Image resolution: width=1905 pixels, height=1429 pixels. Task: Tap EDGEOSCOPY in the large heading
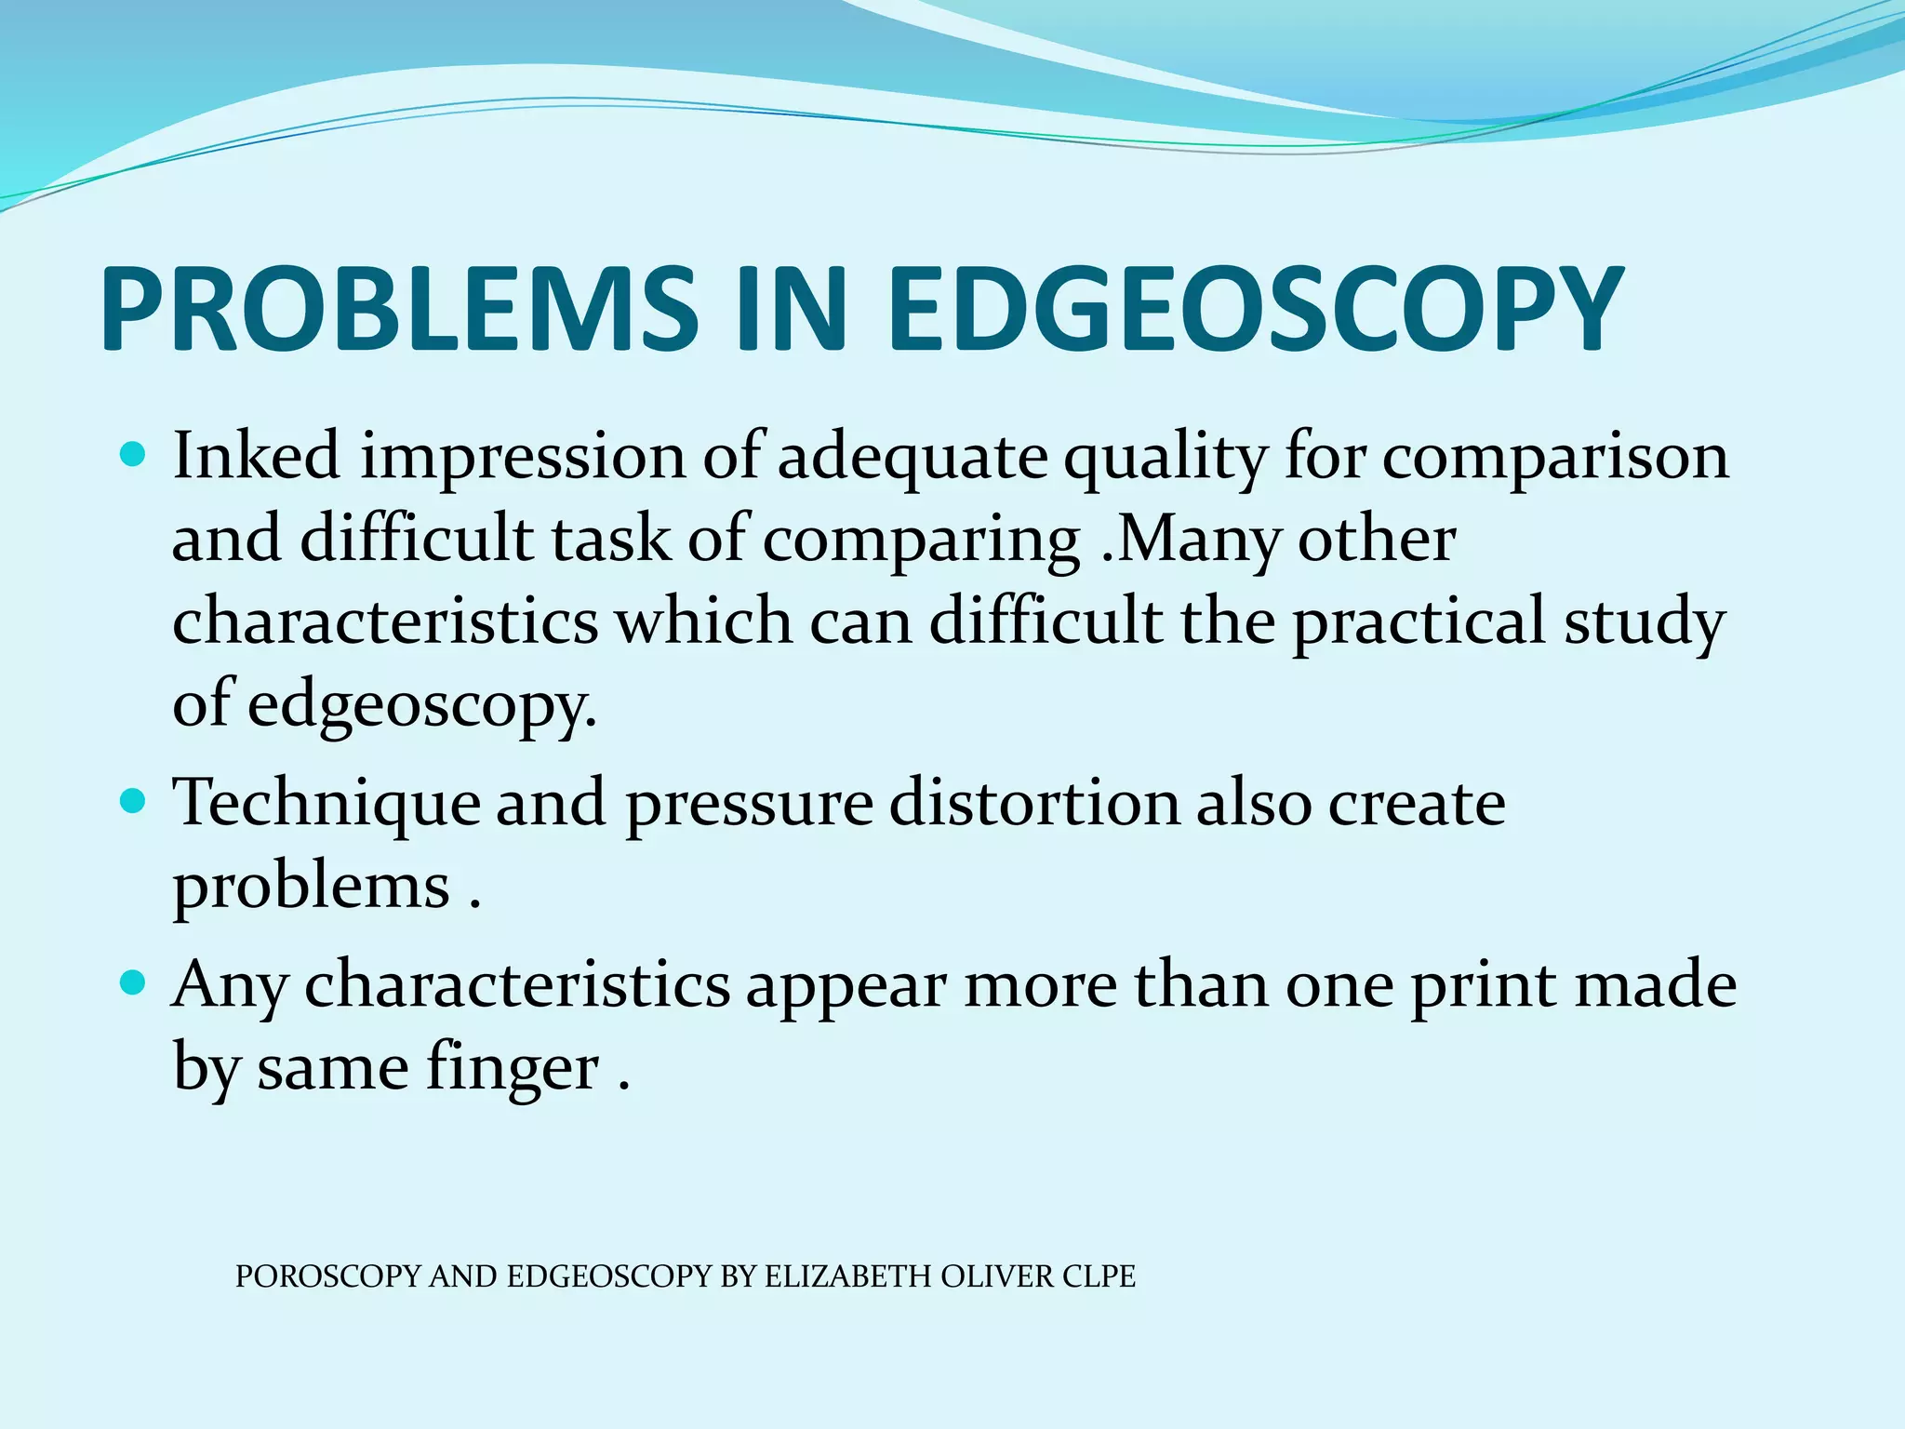1257,309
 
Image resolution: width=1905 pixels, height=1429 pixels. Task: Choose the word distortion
1034,802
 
